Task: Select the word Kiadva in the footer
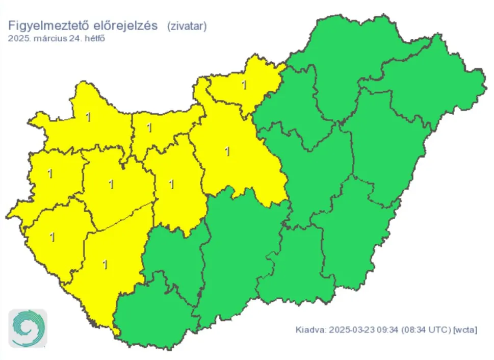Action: [x=310, y=330]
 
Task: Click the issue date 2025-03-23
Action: [x=351, y=330]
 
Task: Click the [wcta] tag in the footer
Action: [x=465, y=330]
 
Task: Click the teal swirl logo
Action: [x=28, y=328]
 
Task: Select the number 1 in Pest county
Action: [x=227, y=151]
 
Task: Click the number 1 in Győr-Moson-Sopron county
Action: [x=88, y=117]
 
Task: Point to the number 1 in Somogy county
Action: [x=105, y=265]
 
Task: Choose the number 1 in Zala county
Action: [x=52, y=237]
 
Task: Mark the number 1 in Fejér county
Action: [x=171, y=184]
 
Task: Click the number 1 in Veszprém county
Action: [x=111, y=184]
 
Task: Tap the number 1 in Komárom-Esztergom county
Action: [x=149, y=127]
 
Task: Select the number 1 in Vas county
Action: [x=49, y=173]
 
